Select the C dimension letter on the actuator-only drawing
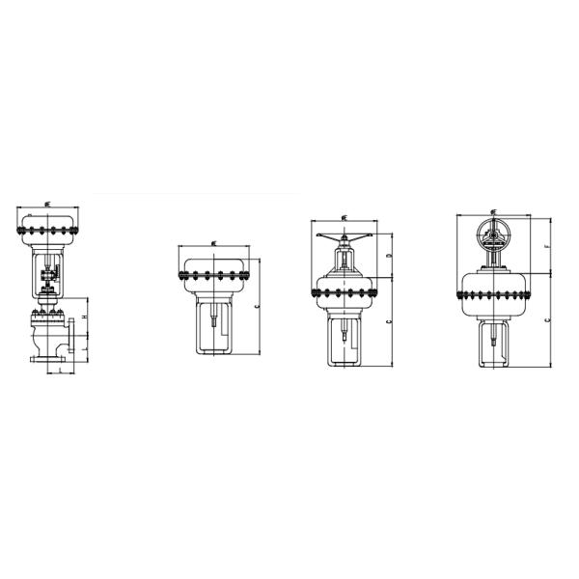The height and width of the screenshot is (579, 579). pyautogui.click(x=257, y=305)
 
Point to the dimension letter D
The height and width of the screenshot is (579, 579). pyautogui.click(x=388, y=258)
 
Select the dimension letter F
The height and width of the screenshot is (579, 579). pyautogui.click(x=547, y=246)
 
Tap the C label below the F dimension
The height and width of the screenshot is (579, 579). pyautogui.click(x=547, y=317)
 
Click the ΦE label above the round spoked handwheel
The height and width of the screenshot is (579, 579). pyautogui.click(x=493, y=209)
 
